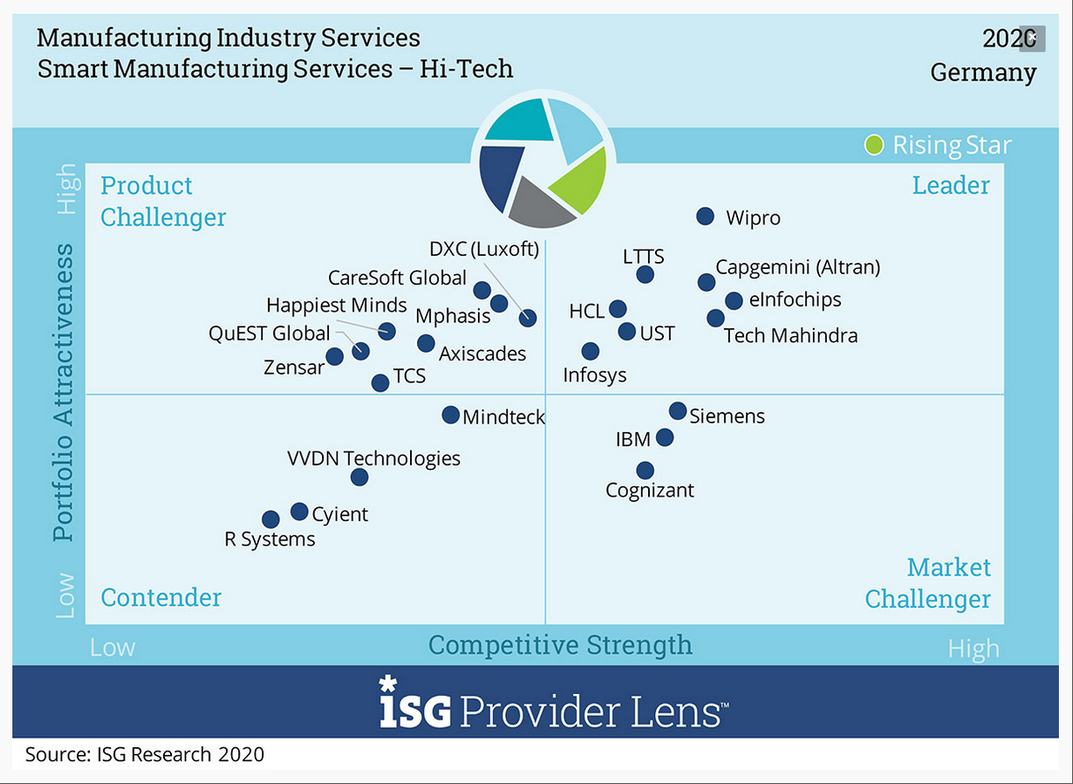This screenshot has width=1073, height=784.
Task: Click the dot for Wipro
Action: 705,216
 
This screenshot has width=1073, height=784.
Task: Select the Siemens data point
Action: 677,411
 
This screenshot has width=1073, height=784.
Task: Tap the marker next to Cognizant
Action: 645,470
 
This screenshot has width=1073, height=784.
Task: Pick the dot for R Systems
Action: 271,519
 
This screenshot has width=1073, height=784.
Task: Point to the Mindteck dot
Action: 451,414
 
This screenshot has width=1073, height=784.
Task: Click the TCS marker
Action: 380,383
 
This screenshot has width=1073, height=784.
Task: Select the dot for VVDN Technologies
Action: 359,477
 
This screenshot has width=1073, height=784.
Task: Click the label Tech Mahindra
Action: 790,336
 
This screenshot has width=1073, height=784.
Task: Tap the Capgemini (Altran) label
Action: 797,266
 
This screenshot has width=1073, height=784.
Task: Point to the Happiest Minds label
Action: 337,306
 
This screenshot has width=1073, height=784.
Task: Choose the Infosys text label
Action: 595,375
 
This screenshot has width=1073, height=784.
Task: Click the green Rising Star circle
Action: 874,145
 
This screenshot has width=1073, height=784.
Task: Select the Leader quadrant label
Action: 950,185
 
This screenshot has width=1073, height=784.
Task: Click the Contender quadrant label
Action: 160,597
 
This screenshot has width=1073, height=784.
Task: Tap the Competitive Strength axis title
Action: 560,645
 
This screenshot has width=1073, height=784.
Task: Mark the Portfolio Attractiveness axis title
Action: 63,392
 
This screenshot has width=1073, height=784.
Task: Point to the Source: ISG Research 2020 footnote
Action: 145,754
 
